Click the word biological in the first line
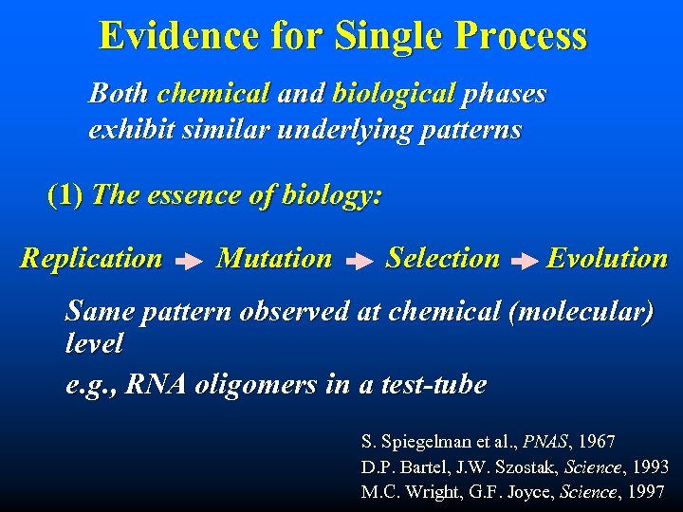[x=395, y=94]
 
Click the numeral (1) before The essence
[x=65, y=195]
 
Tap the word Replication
[x=91, y=258]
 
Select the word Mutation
[x=274, y=258]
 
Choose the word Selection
[x=442, y=258]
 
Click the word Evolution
[x=607, y=258]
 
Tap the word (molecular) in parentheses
[x=581, y=312]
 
